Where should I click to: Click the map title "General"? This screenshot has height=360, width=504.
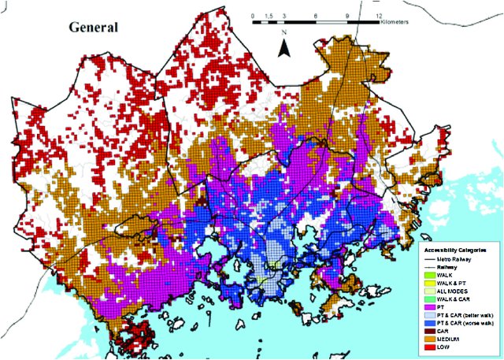click(93, 28)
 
